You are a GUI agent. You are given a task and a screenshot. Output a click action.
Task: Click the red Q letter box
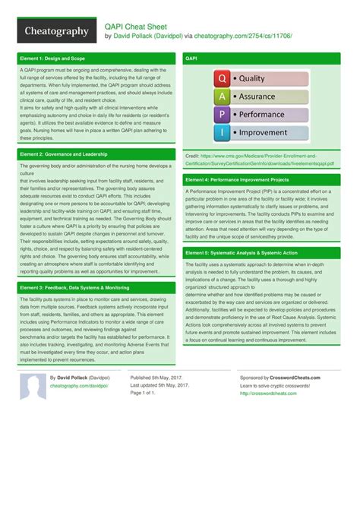(x=221, y=78)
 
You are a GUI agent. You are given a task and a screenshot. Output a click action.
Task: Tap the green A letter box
(x=221, y=96)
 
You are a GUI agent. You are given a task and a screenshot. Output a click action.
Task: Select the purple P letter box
(x=221, y=115)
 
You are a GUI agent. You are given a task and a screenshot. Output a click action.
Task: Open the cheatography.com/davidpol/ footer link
(x=78, y=386)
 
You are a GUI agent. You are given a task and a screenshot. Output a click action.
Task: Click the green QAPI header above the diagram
(x=266, y=58)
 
